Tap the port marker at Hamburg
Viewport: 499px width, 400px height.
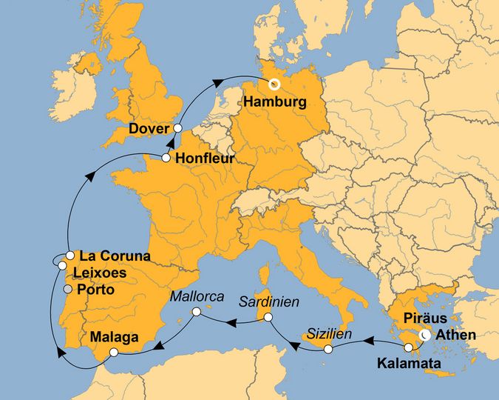pyautogui.click(x=274, y=84)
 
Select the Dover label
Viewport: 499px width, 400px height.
pyautogui.click(x=149, y=129)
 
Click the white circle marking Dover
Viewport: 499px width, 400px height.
pyautogui.click(x=177, y=128)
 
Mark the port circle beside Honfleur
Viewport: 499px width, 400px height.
pyautogui.click(x=166, y=158)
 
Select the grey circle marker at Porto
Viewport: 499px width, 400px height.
pyautogui.click(x=68, y=289)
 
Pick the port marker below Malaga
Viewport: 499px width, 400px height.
pyautogui.click(x=113, y=353)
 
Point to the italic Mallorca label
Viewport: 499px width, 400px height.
pyautogui.click(x=197, y=296)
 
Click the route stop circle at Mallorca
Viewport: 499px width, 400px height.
pyautogui.click(x=196, y=313)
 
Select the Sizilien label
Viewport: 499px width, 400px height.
pyautogui.click(x=329, y=333)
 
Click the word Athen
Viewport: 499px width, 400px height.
pyautogui.click(x=458, y=336)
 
